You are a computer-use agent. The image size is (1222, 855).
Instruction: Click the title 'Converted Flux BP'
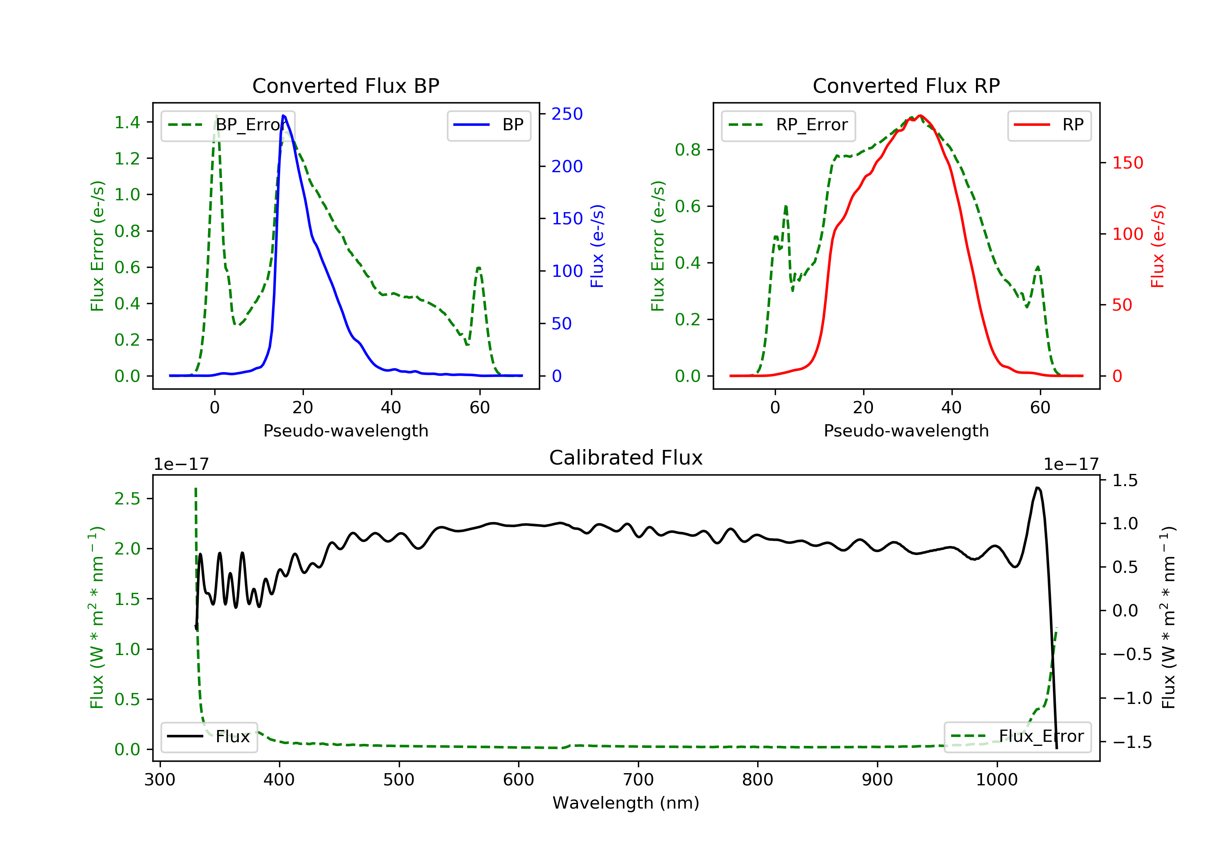pos(345,85)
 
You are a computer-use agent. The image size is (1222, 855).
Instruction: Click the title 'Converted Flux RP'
pos(906,85)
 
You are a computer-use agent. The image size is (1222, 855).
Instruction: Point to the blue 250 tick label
pos(567,114)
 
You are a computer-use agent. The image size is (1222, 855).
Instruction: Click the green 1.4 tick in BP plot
pos(127,123)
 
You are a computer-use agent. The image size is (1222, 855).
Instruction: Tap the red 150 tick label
pos(1127,163)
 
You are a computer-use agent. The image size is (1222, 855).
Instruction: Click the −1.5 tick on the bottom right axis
pos(1132,742)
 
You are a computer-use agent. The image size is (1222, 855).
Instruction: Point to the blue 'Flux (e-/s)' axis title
pos(597,246)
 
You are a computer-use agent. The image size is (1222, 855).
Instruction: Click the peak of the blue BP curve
pos(284,116)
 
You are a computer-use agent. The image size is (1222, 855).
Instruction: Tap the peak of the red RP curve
pos(920,116)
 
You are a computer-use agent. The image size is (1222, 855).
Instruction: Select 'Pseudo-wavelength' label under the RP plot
pos(906,430)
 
